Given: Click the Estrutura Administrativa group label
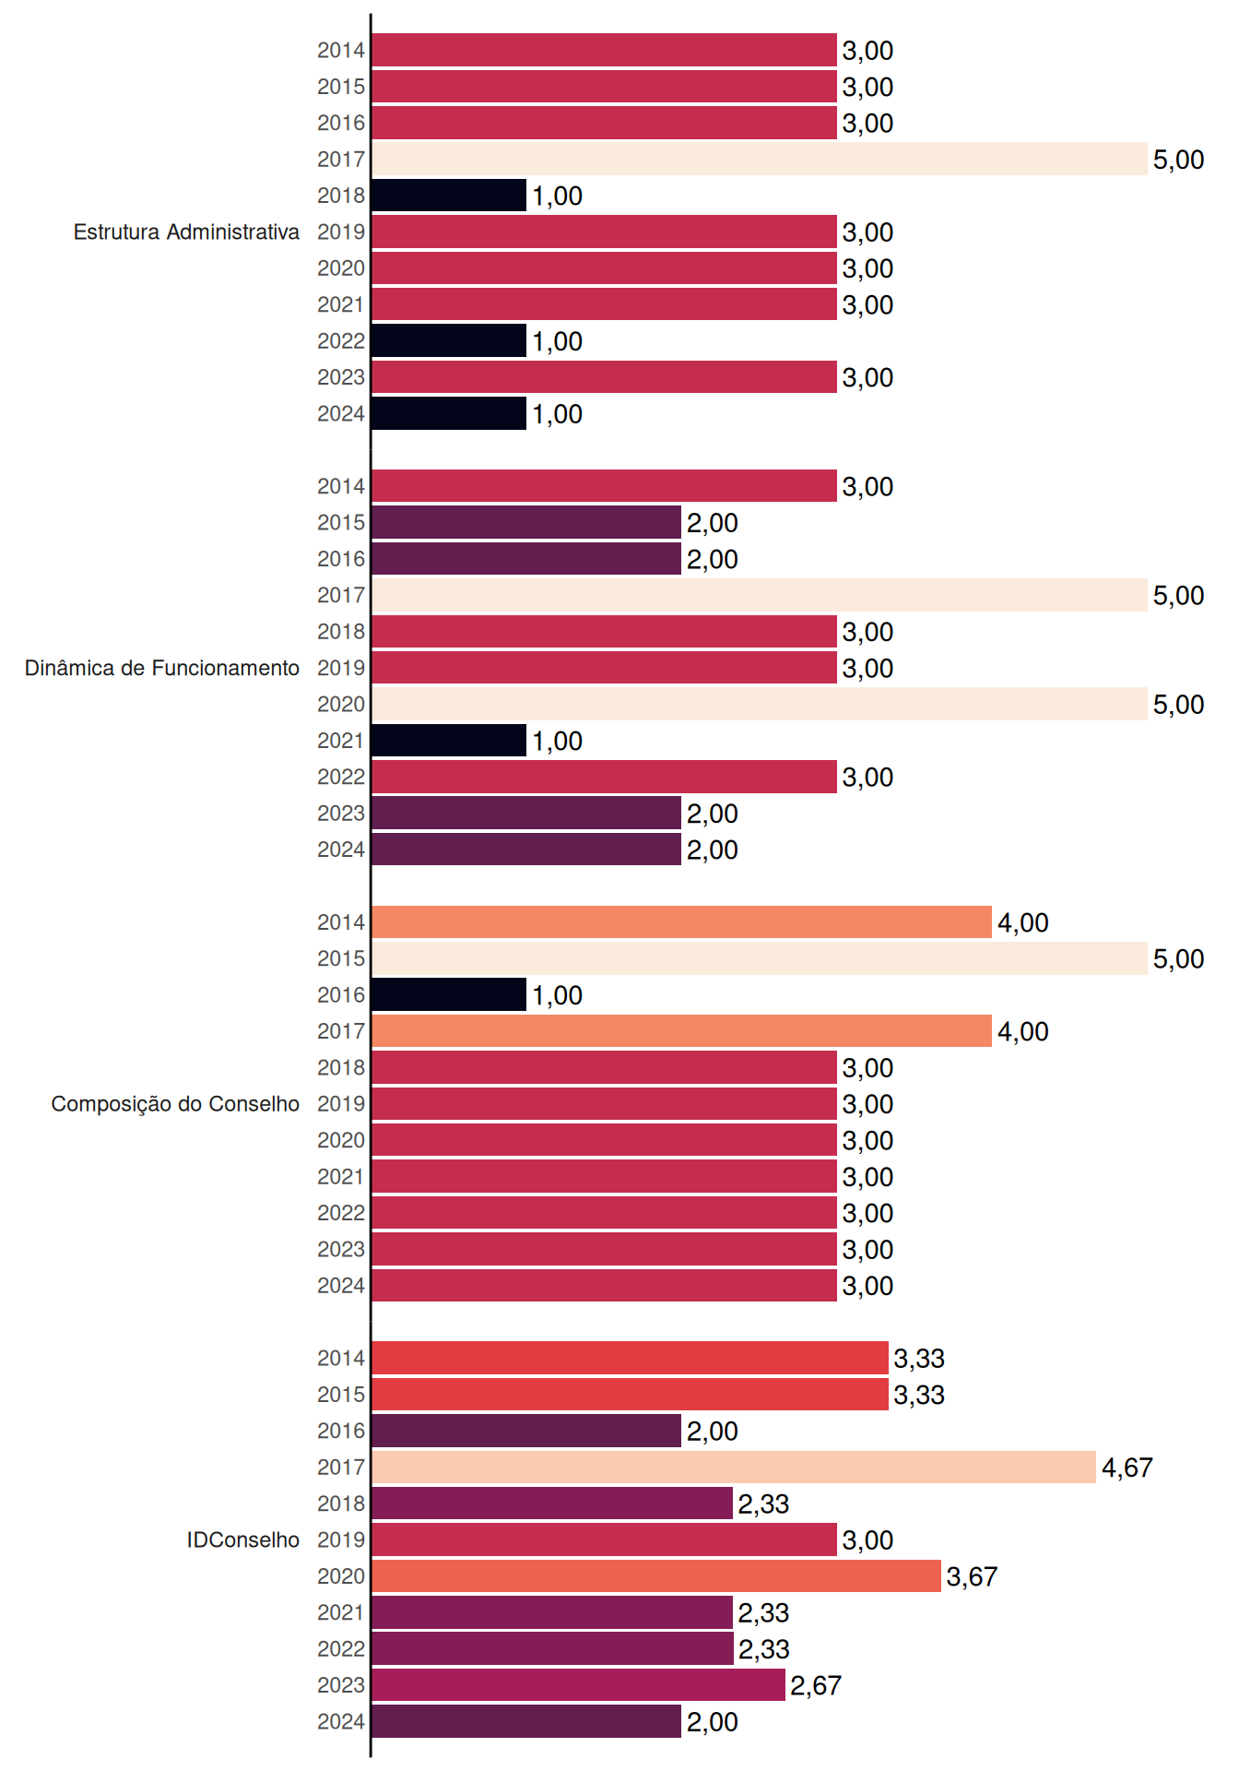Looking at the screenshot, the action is click(186, 232).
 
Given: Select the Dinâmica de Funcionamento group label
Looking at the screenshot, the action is click(162, 668).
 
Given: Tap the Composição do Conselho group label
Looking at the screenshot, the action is click(175, 1104).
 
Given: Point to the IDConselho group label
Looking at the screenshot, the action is click(243, 1539).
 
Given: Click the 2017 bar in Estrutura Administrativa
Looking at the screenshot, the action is click(760, 159).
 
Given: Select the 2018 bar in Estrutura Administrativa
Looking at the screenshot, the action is click(449, 196).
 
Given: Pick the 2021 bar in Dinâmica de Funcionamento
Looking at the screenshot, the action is click(449, 741).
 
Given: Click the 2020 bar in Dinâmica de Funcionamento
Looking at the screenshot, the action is click(760, 704).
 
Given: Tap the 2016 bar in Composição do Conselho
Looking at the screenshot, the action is click(449, 994).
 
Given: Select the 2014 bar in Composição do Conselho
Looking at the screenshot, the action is click(682, 922).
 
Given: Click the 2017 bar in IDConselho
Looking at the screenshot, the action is click(734, 1467).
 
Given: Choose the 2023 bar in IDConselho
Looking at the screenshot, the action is click(579, 1685).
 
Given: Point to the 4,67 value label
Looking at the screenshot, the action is click(1127, 1468).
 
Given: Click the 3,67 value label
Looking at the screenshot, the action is click(973, 1576).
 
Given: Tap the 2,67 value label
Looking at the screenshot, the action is click(816, 1686).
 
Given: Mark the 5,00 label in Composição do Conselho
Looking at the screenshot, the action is click(1179, 959).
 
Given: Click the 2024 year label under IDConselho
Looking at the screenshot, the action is click(341, 1721).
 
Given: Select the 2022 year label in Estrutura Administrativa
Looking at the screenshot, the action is click(341, 340).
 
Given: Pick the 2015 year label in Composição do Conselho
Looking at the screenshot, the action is click(341, 958).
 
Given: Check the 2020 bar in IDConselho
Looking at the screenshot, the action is click(656, 1576).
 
